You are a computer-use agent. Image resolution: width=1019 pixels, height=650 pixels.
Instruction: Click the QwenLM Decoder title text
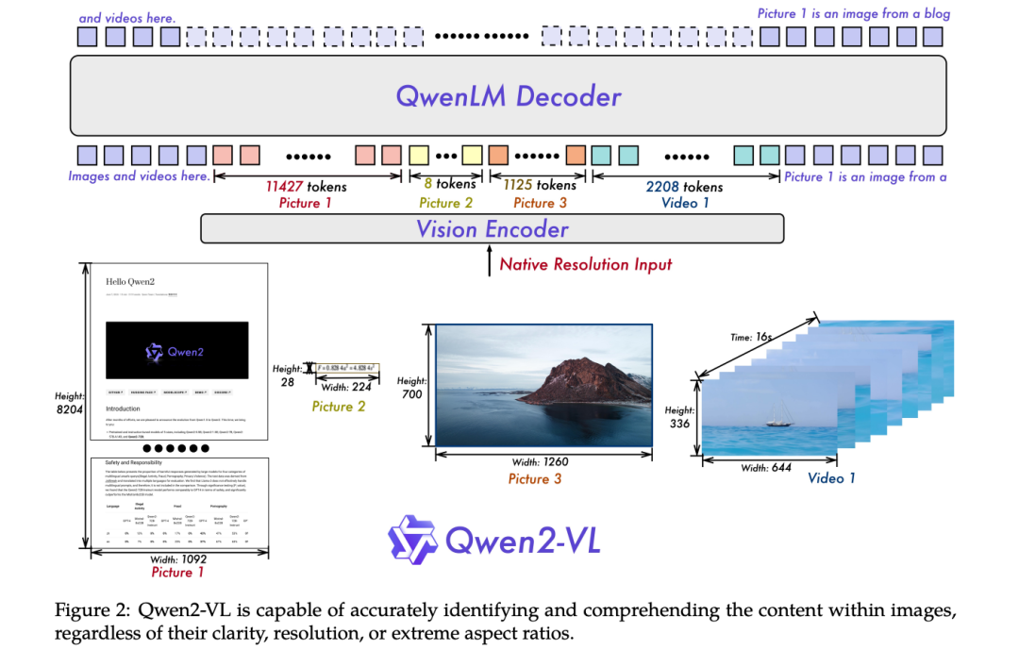click(x=509, y=96)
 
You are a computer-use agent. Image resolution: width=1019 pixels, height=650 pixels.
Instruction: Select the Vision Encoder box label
click(x=493, y=229)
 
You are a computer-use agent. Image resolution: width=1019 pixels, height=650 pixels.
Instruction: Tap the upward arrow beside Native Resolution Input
click(x=488, y=261)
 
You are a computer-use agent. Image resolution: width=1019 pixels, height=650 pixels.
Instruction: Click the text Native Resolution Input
click(x=586, y=264)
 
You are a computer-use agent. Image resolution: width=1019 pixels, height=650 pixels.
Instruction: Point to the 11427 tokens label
click(x=307, y=186)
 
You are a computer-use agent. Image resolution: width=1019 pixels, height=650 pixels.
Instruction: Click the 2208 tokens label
click(x=684, y=186)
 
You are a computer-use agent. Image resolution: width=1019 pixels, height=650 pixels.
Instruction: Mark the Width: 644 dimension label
click(x=766, y=467)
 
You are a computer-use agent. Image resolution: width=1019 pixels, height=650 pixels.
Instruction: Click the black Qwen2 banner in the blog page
click(x=176, y=350)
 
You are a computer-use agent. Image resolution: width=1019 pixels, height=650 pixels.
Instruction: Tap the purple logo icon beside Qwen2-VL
click(x=411, y=541)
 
